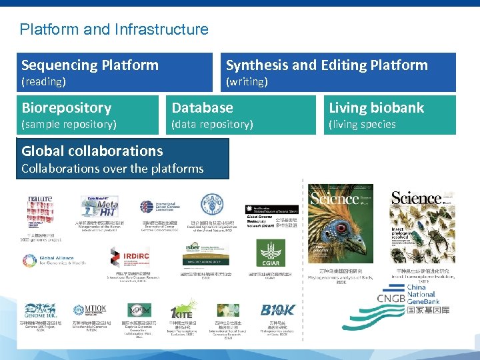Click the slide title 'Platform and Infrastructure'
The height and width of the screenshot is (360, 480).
coord(114,29)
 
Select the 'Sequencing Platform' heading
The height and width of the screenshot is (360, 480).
coord(90,65)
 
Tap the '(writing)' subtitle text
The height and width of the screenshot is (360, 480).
coord(247,82)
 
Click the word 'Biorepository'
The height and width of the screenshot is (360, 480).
coord(66,108)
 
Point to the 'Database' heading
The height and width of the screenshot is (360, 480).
coord(202,108)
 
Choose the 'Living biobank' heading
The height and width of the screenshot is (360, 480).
coord(376,108)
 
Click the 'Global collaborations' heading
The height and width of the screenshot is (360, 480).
coord(92,151)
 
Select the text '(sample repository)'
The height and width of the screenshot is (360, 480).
coord(69,125)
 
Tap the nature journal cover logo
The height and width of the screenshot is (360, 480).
coord(39,199)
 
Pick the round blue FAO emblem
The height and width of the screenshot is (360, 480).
coord(209,204)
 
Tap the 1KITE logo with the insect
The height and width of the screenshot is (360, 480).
coord(182,310)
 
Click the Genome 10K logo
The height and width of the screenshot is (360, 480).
coord(41,310)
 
